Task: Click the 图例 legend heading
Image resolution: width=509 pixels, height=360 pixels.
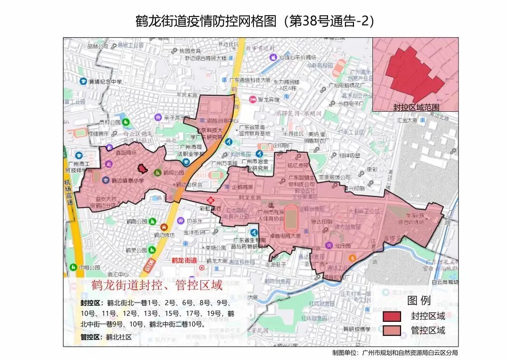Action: (x=419, y=301)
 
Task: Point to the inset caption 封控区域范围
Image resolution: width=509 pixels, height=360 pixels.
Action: (x=416, y=107)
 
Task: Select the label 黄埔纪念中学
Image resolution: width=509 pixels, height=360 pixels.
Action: (x=105, y=82)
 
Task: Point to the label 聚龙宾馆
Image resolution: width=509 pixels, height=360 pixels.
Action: (x=268, y=100)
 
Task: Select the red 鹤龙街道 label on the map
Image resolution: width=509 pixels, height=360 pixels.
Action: (x=184, y=261)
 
